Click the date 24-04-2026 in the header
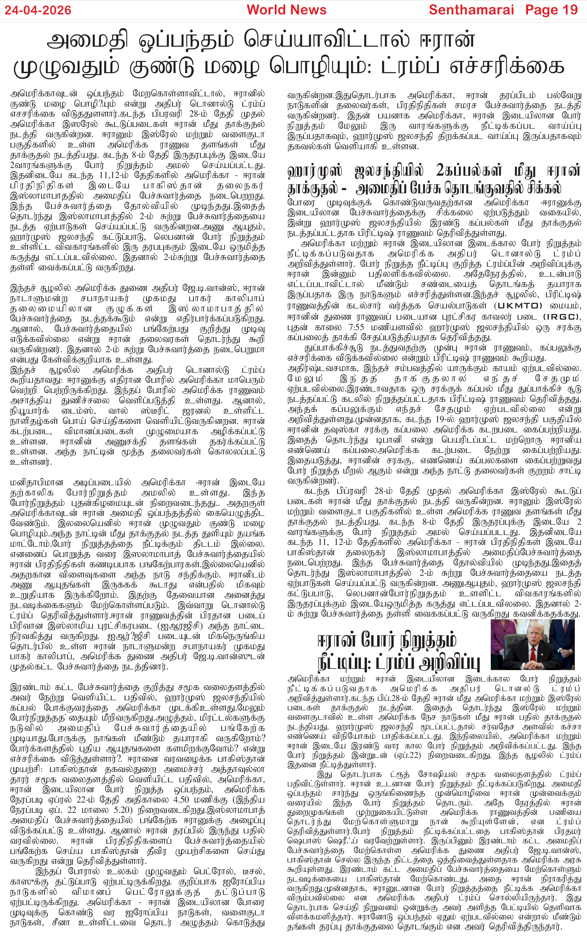coord(38,10)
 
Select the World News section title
coord(286,10)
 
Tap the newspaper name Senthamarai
coord(471,10)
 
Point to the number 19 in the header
coord(569,10)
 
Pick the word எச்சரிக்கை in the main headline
coord(506,66)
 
